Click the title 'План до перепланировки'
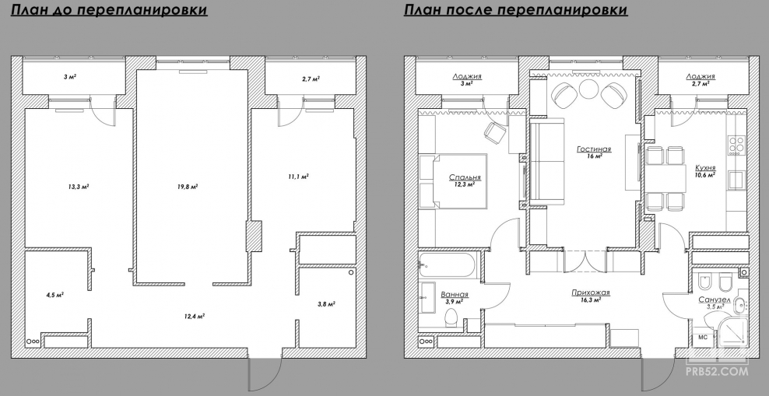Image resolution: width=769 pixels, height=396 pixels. point(109,10)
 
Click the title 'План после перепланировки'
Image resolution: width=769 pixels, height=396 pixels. point(516,10)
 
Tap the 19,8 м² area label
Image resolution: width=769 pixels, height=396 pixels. point(188,187)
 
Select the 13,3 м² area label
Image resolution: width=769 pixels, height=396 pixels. point(79,187)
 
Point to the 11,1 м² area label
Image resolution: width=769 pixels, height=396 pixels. point(298,177)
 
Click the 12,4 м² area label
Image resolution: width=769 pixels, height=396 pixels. point(194,316)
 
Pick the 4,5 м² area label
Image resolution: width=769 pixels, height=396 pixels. point(55,295)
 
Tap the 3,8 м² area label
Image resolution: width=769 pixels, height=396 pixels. point(326,304)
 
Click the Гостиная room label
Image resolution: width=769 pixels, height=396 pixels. point(594,149)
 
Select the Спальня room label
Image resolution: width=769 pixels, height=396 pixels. point(465,177)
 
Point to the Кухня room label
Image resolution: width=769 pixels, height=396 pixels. point(705,167)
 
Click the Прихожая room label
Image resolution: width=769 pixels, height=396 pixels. point(591,293)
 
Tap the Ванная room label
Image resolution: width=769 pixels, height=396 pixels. point(455,295)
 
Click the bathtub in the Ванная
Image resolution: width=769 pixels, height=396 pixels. point(447,266)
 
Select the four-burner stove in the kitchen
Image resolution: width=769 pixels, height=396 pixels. point(736,145)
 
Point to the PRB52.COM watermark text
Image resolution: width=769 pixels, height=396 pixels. point(717,372)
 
